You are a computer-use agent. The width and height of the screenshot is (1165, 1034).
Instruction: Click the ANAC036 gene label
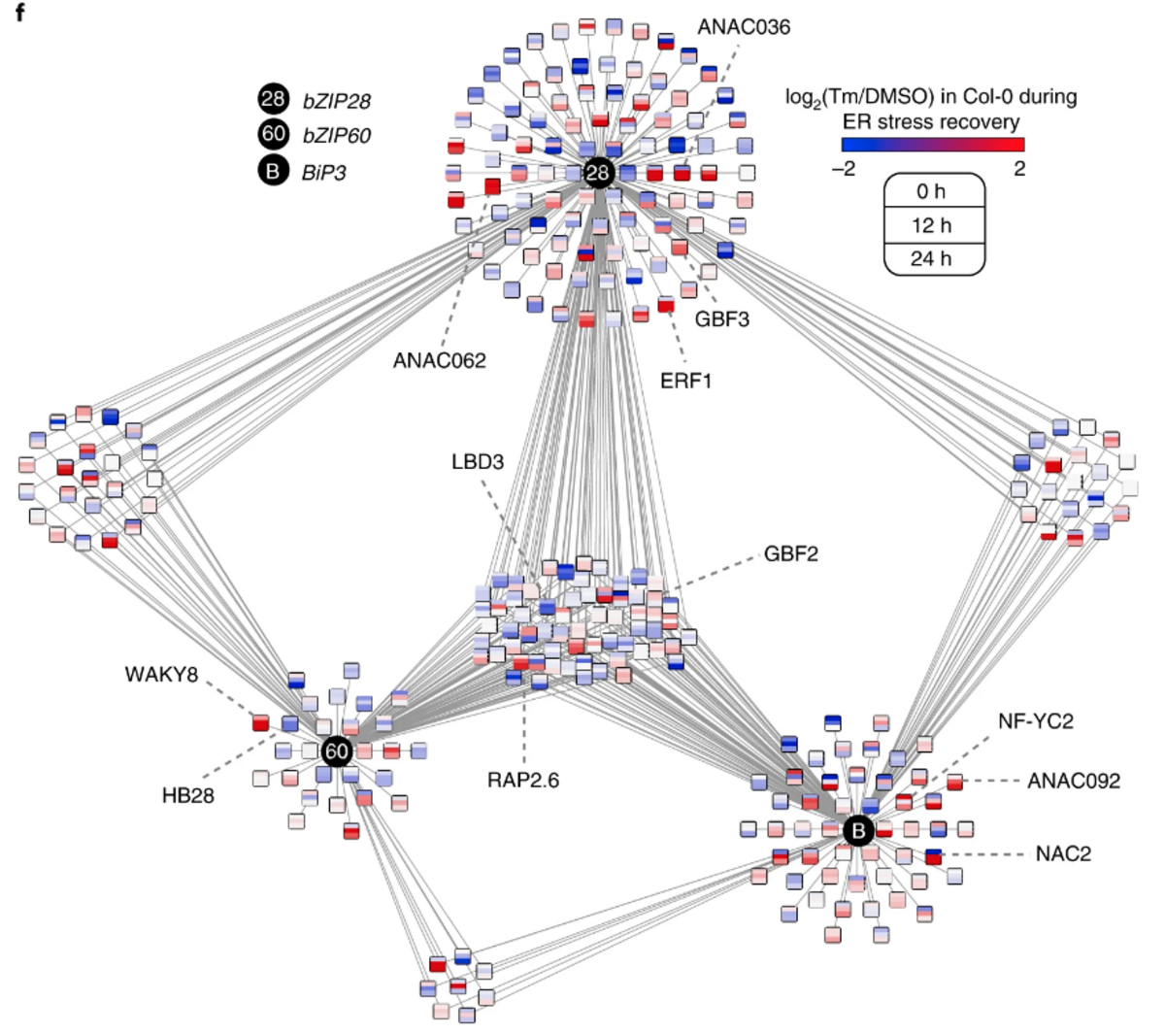click(743, 27)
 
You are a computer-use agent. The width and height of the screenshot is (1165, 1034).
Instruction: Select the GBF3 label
click(721, 318)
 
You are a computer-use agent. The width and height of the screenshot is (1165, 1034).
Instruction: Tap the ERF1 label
click(685, 381)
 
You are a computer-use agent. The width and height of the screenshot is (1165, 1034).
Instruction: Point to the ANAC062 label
click(439, 360)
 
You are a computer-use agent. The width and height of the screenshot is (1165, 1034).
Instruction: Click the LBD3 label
click(478, 461)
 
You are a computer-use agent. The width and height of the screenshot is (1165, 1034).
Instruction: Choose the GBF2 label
click(790, 554)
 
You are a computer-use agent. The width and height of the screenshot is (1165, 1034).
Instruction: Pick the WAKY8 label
click(161, 674)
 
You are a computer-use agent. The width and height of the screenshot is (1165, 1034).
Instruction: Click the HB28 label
click(187, 796)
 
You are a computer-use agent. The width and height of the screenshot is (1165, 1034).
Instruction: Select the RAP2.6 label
click(523, 780)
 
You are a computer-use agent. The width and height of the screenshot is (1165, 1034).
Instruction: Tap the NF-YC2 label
click(1035, 721)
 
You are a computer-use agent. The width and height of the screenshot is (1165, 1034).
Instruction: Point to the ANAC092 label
click(1073, 781)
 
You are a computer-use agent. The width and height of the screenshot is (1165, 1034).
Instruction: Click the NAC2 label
click(1062, 853)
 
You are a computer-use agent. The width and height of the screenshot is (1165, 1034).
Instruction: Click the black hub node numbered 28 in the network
click(598, 173)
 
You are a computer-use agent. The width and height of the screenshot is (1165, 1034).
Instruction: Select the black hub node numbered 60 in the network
click(336, 751)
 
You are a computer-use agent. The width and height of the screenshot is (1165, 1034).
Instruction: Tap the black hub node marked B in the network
click(857, 831)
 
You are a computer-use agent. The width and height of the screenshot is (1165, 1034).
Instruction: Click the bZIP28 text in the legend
click(336, 100)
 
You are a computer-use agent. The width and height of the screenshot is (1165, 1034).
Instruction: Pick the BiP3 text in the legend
click(324, 172)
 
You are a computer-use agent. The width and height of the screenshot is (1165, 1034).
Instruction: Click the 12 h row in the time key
click(932, 225)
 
